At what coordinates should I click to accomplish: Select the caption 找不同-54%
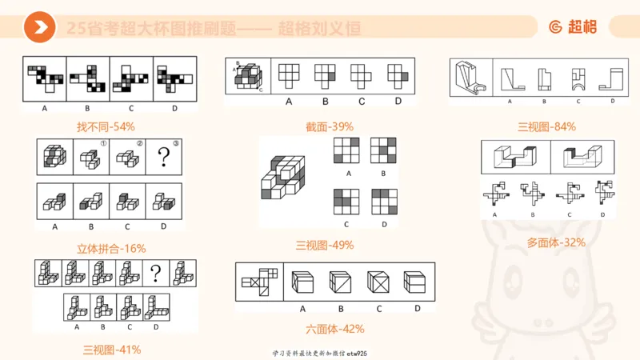106,126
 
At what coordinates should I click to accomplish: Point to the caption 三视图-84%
546,126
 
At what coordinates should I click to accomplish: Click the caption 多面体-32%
556,242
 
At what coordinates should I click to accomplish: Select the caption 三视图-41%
112,349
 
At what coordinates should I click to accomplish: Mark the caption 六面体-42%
335,328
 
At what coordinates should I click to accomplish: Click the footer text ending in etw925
319,353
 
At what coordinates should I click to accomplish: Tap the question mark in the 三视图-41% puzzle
157,274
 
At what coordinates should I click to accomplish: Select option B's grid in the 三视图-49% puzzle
383,150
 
